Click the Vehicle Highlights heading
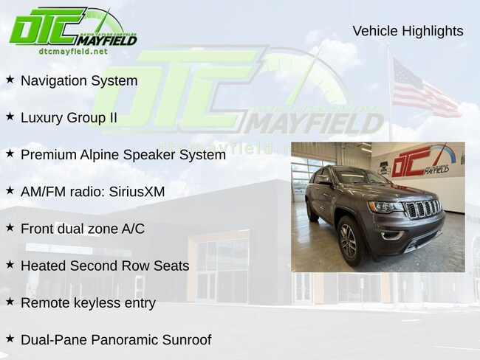[x=408, y=31]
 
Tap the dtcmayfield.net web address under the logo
[x=73, y=51]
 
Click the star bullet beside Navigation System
[x=10, y=80]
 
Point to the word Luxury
[x=42, y=118]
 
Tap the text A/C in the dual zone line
[x=133, y=229]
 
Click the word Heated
[x=43, y=266]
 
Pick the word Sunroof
[x=187, y=340]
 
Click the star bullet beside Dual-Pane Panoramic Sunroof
[x=10, y=339]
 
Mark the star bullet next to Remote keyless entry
[x=10, y=302]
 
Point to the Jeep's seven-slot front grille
[x=423, y=209]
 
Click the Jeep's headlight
[x=385, y=207]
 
